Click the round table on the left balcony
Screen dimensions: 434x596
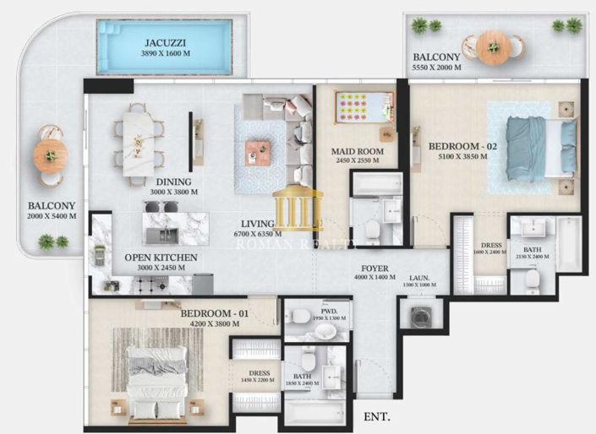click(x=51, y=156)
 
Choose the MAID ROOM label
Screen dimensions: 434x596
click(x=357, y=152)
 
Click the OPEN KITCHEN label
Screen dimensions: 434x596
click(x=161, y=258)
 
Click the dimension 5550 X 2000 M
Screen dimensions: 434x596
click(x=436, y=68)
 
